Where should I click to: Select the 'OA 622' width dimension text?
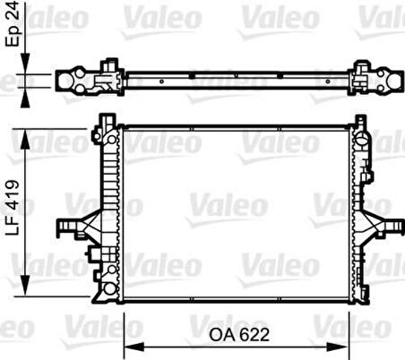click(x=239, y=333)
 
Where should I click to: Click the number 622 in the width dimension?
click(x=254, y=333)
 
